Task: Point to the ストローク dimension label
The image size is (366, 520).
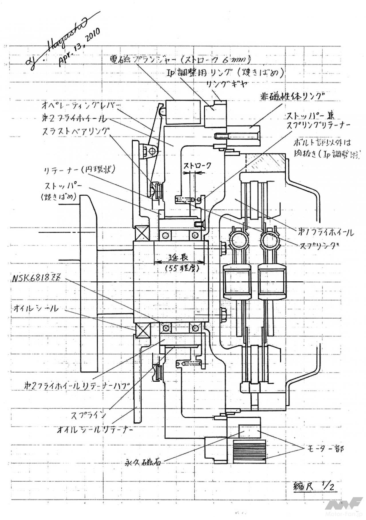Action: [x=197, y=166]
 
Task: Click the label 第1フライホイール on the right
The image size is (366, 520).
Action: [x=325, y=232]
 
